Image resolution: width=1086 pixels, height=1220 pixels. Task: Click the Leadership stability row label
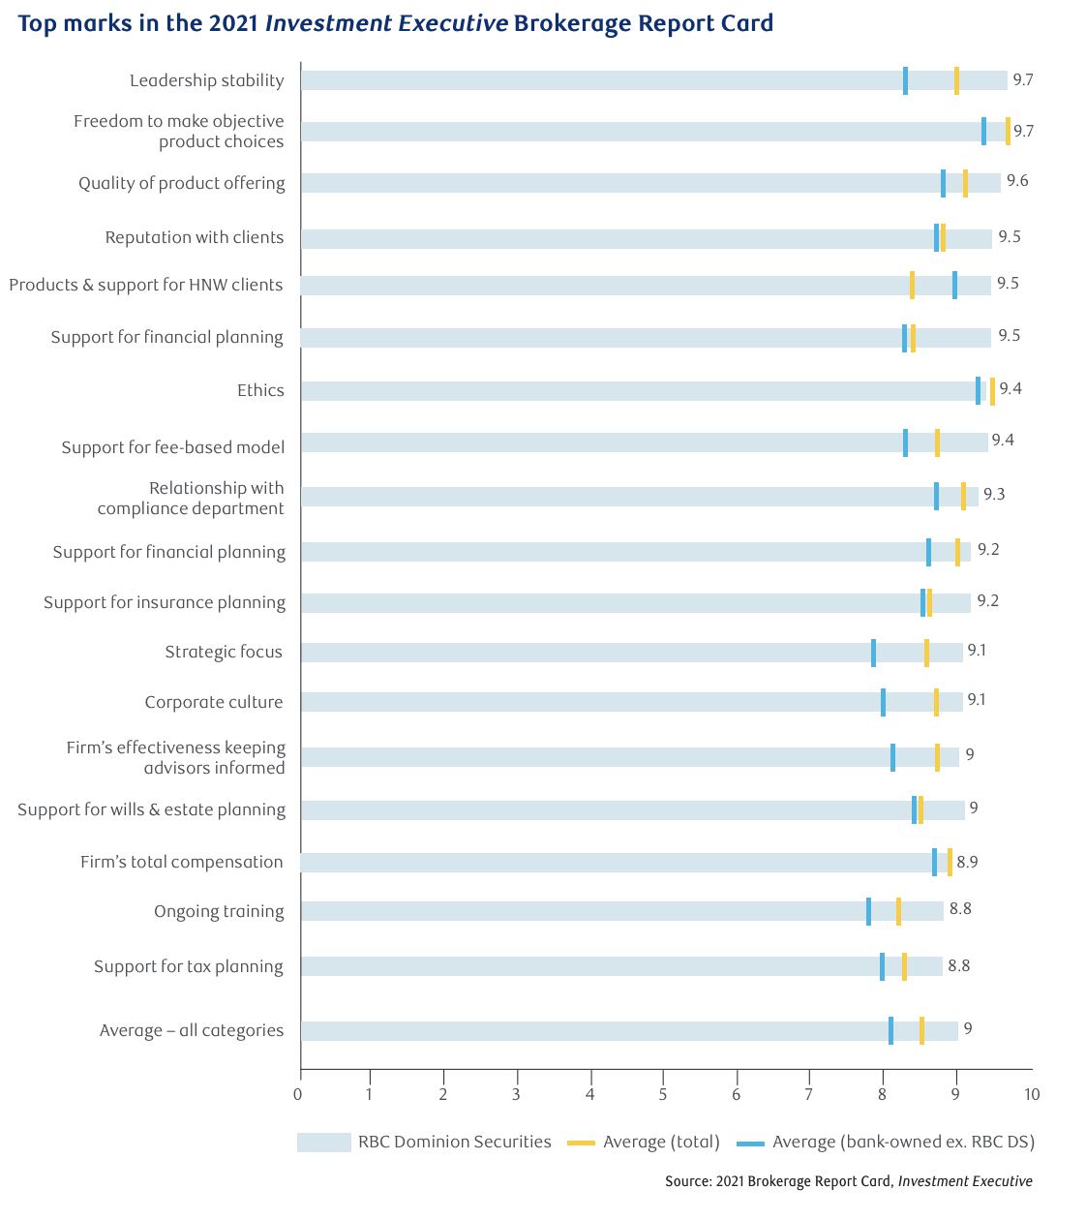[x=207, y=80]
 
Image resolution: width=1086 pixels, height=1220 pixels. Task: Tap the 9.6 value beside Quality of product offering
[x=1017, y=181]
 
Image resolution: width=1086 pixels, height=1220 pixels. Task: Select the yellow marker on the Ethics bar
[x=992, y=390]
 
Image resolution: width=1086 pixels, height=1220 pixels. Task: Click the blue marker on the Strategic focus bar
[x=873, y=653]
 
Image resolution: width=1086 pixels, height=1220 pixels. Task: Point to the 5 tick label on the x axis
[x=663, y=1095]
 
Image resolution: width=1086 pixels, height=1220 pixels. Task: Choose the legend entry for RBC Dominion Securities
[x=424, y=1143]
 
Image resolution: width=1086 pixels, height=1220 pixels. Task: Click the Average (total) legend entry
[x=644, y=1143]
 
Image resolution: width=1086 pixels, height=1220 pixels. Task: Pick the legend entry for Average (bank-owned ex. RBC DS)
[x=886, y=1143]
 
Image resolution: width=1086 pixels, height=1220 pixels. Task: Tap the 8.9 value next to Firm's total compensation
[x=967, y=862]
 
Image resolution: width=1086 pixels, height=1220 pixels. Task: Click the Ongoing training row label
[x=219, y=911]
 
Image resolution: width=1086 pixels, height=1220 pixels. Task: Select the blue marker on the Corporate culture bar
[x=883, y=702]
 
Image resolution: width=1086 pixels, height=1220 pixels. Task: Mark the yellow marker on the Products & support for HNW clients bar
[x=912, y=285]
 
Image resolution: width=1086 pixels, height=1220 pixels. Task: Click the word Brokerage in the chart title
[x=571, y=23]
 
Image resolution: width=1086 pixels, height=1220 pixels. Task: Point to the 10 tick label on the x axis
[x=1032, y=1095]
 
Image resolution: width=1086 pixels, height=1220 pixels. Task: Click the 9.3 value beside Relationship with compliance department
[x=994, y=495]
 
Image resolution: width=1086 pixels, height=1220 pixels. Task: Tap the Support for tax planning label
[x=189, y=966]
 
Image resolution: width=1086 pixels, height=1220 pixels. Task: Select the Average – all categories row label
[x=192, y=1030]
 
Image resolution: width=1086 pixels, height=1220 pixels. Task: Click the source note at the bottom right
[x=848, y=1181]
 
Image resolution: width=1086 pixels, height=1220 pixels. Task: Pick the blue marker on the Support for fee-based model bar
[x=905, y=442]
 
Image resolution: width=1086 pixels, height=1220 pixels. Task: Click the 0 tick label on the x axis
[x=298, y=1095]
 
